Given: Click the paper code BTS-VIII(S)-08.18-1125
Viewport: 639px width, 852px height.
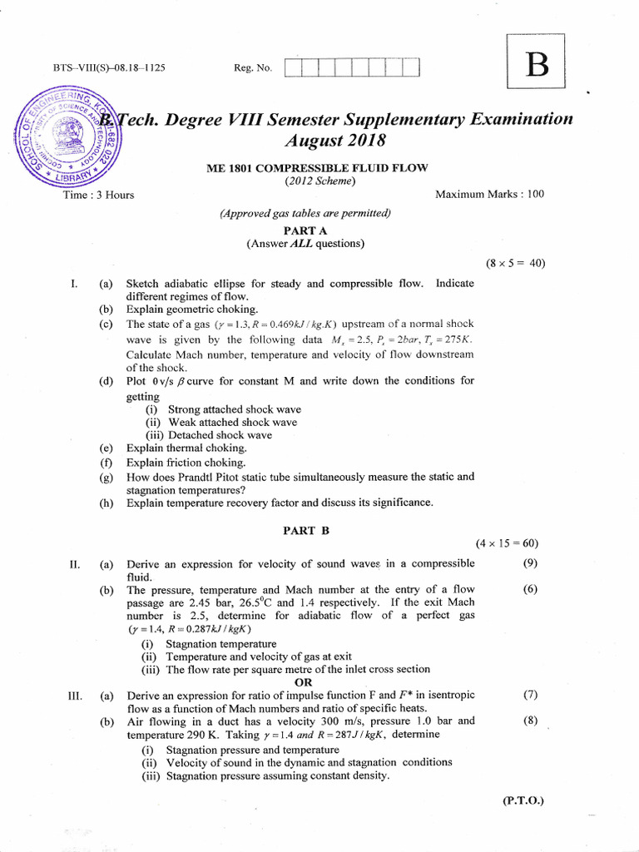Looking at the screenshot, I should [108, 67].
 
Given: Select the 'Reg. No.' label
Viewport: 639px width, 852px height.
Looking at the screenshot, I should [253, 67].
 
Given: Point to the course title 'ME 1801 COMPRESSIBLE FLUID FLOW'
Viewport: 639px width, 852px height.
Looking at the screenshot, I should [317, 167].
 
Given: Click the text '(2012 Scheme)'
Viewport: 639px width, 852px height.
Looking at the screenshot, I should [319, 181].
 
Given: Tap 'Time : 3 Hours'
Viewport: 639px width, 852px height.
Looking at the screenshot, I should [98, 195].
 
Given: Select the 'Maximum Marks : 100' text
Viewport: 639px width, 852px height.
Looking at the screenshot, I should [489, 194].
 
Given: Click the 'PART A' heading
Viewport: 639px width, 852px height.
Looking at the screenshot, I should [305, 229].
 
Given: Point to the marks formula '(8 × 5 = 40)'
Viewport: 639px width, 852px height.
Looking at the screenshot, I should [515, 264].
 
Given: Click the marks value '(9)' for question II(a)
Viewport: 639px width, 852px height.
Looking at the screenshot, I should [530, 563].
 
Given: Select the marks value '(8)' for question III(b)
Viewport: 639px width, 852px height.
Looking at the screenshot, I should [530, 721].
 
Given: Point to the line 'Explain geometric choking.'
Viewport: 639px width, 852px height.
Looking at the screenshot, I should [181, 309].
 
